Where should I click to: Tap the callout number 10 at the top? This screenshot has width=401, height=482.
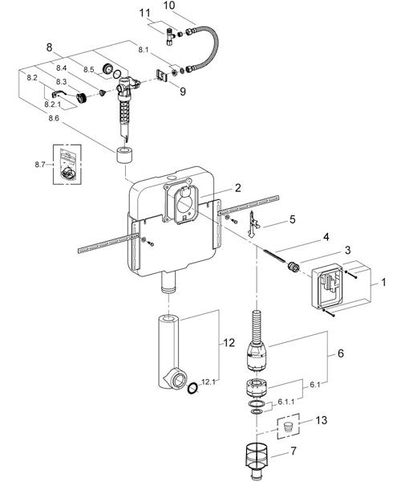[168, 6]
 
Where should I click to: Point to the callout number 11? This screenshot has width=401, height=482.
[144, 14]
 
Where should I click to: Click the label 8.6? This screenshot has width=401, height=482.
[55, 118]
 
